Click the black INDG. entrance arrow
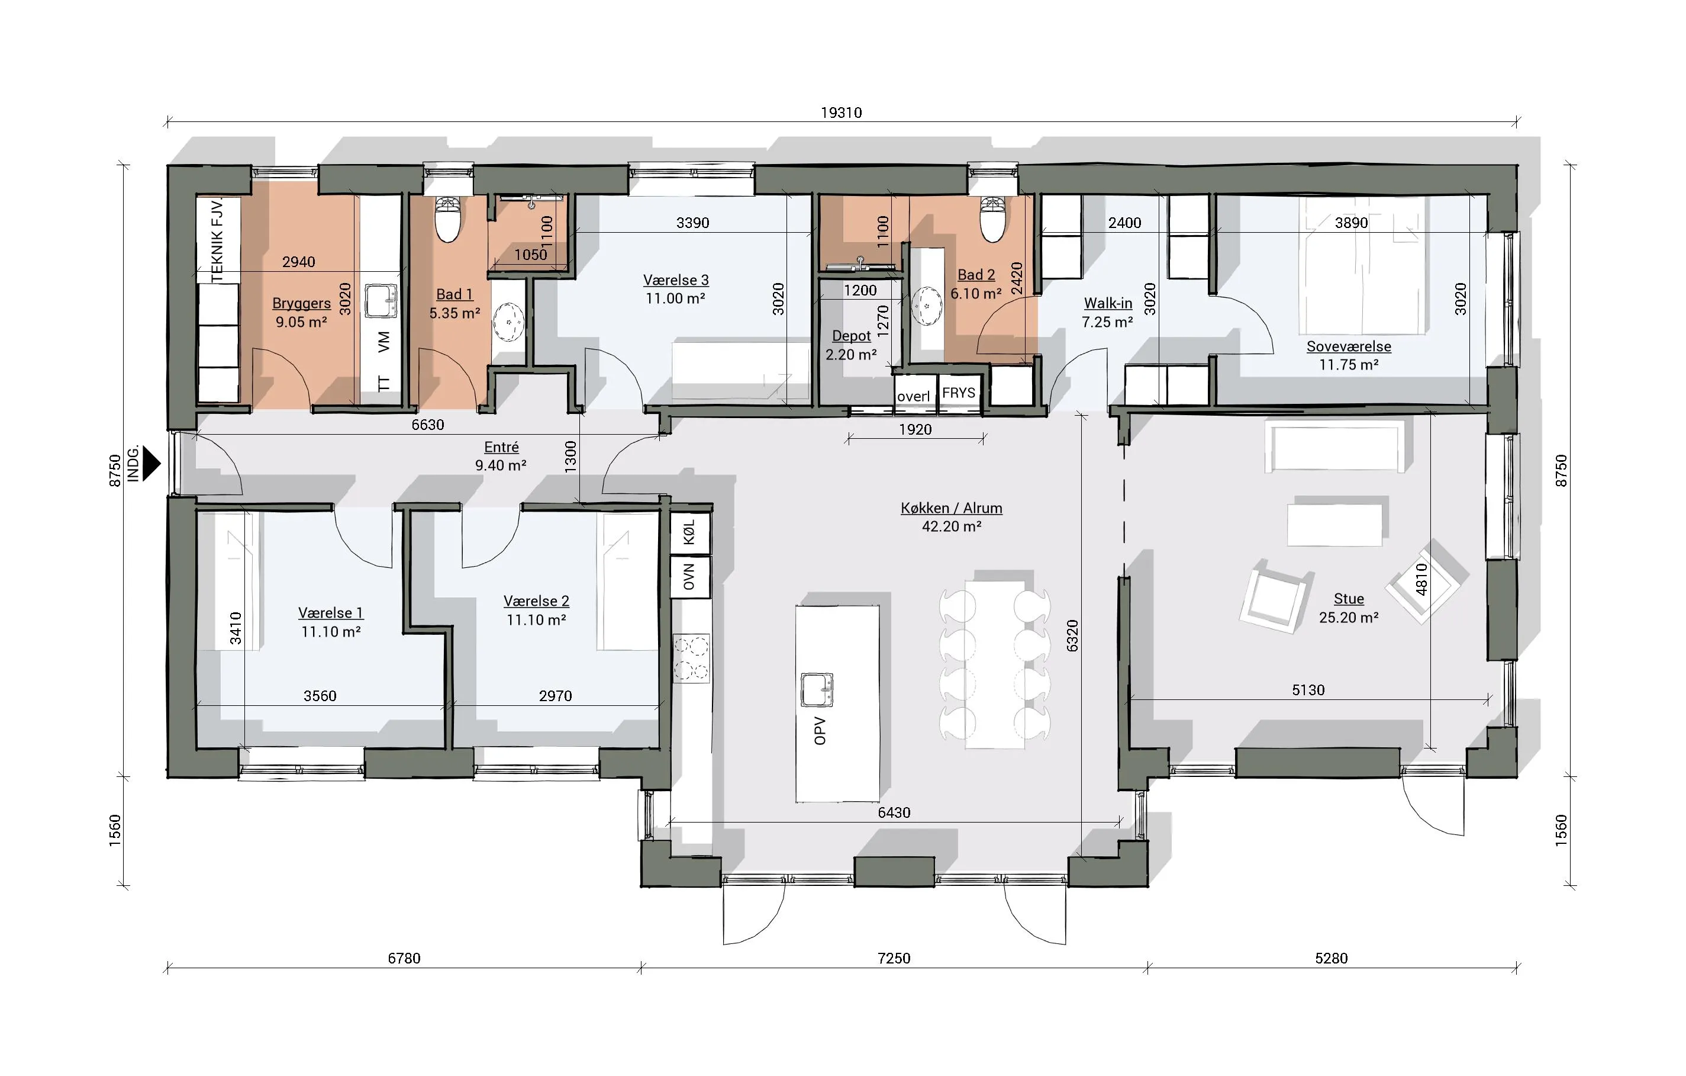[151, 463]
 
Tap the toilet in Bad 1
[447, 219]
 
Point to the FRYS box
[959, 393]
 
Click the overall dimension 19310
[842, 113]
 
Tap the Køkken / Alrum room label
[952, 508]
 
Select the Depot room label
[852, 336]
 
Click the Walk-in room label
[1108, 303]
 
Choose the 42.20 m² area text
[952, 526]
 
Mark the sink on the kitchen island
[817, 689]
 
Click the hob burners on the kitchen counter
[691, 658]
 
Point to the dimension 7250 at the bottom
[894, 958]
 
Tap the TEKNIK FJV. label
[218, 240]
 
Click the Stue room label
[1349, 599]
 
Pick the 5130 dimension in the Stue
[1308, 690]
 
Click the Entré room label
[501, 447]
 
